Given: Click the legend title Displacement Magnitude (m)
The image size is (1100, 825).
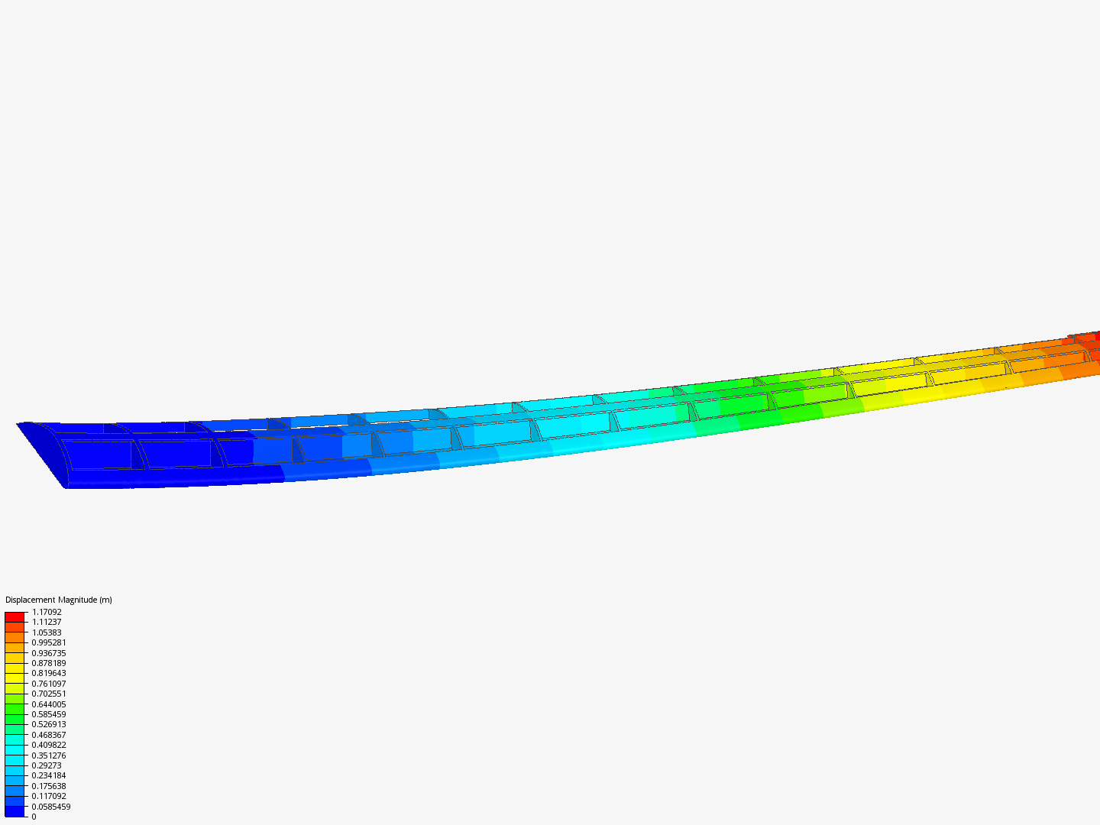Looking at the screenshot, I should pyautogui.click(x=58, y=600).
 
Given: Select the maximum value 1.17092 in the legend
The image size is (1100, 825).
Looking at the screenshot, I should pyautogui.click(x=47, y=612).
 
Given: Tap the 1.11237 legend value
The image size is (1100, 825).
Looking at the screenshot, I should pyautogui.click(x=47, y=622).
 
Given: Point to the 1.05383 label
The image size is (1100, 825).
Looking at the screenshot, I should pyautogui.click(x=47, y=632).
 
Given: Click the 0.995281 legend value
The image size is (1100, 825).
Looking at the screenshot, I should pyautogui.click(x=49, y=642).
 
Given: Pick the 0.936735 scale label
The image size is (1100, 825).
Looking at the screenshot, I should pyautogui.click(x=49, y=653).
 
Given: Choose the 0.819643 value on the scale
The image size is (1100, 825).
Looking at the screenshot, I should pyautogui.click(x=49, y=673).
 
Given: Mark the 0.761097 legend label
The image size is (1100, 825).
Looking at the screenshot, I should pyautogui.click(x=49, y=684).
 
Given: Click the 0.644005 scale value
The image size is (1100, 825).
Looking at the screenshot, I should pyautogui.click(x=49, y=704).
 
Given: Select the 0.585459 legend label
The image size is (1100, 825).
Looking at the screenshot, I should pyautogui.click(x=49, y=714).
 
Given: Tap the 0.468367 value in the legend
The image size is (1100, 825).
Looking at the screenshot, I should pyautogui.click(x=49, y=735).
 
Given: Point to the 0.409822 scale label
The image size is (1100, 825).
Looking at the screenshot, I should pyautogui.click(x=49, y=745).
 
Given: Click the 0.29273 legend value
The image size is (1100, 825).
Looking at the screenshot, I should pyautogui.click(x=47, y=765).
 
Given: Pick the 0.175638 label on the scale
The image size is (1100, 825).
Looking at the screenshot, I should pyautogui.click(x=49, y=786).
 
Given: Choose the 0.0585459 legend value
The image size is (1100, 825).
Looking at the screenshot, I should pyautogui.click(x=51, y=807).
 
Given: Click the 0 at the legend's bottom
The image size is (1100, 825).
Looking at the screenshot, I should pyautogui.click(x=34, y=817).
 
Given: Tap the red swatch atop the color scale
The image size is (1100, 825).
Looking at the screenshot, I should pyautogui.click(x=15, y=616).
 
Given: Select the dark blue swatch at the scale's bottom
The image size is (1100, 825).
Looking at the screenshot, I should pyautogui.click(x=15, y=811).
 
